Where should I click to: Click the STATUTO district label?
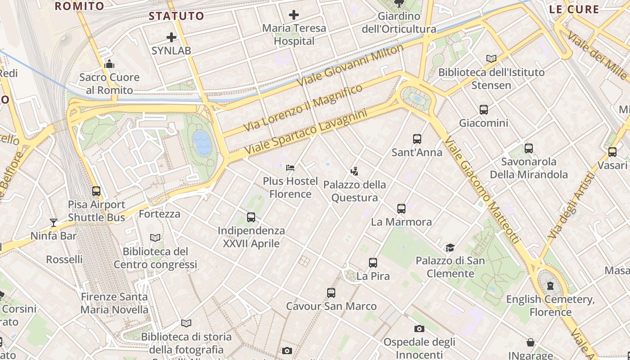point(176,16)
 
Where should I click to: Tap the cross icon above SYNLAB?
point(171,37)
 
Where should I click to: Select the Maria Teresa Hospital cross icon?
point(294,15)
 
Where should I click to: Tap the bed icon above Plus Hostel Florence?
point(290,168)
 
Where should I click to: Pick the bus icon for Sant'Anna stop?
point(417,139)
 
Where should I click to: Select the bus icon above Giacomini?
point(484,109)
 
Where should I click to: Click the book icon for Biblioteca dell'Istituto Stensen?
point(491,58)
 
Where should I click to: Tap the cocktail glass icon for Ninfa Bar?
point(54,222)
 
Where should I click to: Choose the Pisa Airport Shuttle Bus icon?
point(96,191)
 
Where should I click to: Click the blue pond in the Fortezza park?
point(202,143)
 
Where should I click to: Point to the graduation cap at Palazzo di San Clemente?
point(450,247)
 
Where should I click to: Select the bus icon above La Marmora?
point(401,209)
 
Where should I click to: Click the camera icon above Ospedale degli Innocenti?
point(419,328)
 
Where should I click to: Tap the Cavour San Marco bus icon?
point(331,293)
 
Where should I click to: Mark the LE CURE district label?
point(574,9)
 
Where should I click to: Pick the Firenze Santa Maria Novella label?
point(114,303)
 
